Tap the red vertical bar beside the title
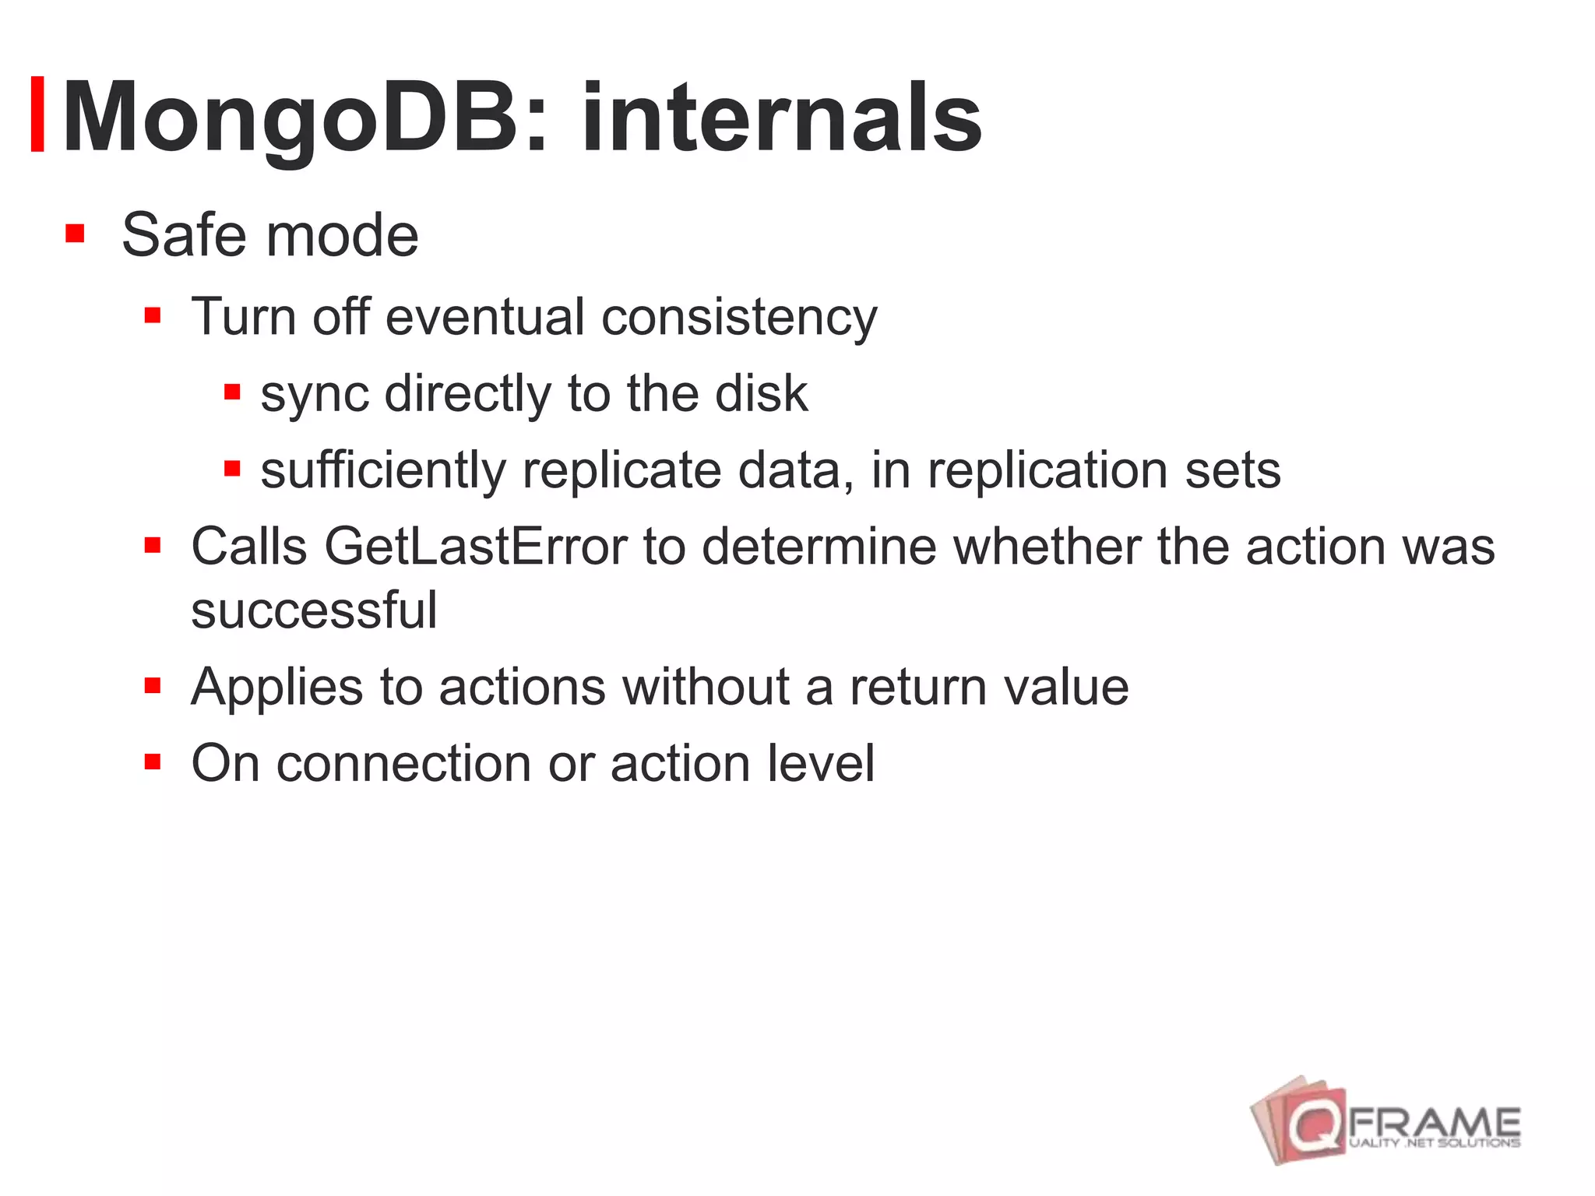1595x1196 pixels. tap(37, 114)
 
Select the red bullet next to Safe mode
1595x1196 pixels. tap(75, 234)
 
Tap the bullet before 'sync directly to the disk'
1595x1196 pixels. tap(232, 391)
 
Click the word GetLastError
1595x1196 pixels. tap(475, 547)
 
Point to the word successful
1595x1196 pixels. tap(314, 610)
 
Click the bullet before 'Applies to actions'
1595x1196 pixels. tap(153, 686)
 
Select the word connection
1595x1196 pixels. tap(404, 763)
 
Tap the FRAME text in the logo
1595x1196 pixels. tap(1433, 1123)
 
